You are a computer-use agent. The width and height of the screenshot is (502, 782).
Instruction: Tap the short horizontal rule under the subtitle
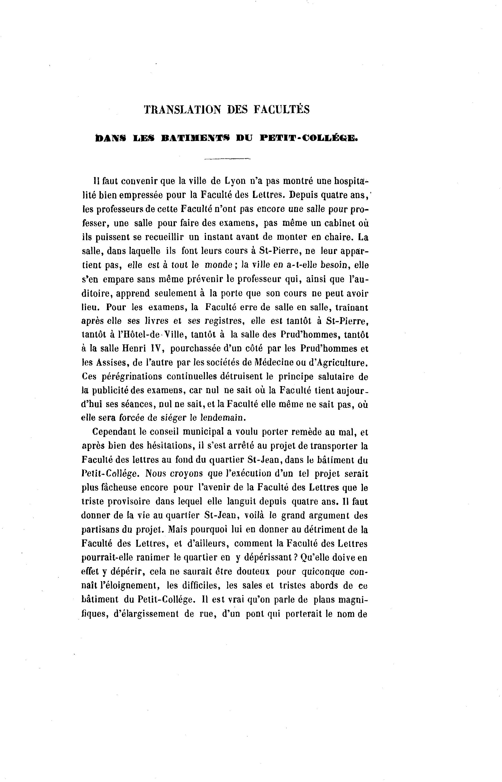point(227,159)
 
